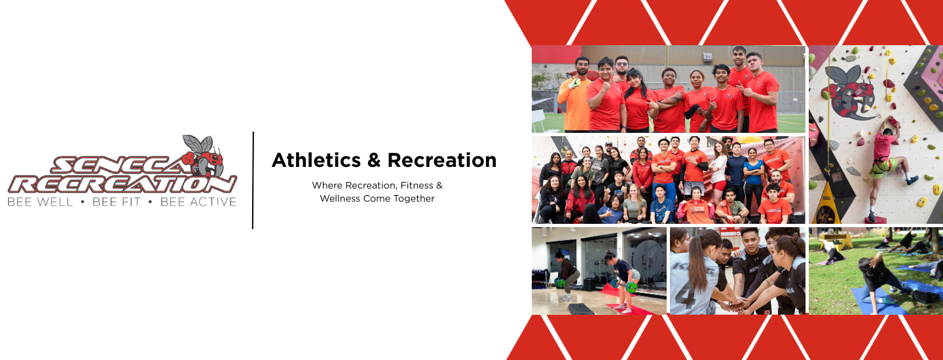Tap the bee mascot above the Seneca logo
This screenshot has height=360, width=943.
pos(203,155)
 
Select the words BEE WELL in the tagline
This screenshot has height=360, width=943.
pos(40,202)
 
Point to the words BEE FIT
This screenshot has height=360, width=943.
pos(116,202)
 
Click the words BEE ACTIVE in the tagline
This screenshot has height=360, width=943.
pos(198,202)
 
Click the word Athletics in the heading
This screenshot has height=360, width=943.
pos(316,160)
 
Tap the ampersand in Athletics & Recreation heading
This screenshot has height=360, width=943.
pos(374,160)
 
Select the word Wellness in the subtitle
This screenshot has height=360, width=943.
pos(340,198)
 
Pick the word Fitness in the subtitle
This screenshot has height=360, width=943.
pos(416,185)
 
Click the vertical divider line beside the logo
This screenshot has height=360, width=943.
pos(253,181)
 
